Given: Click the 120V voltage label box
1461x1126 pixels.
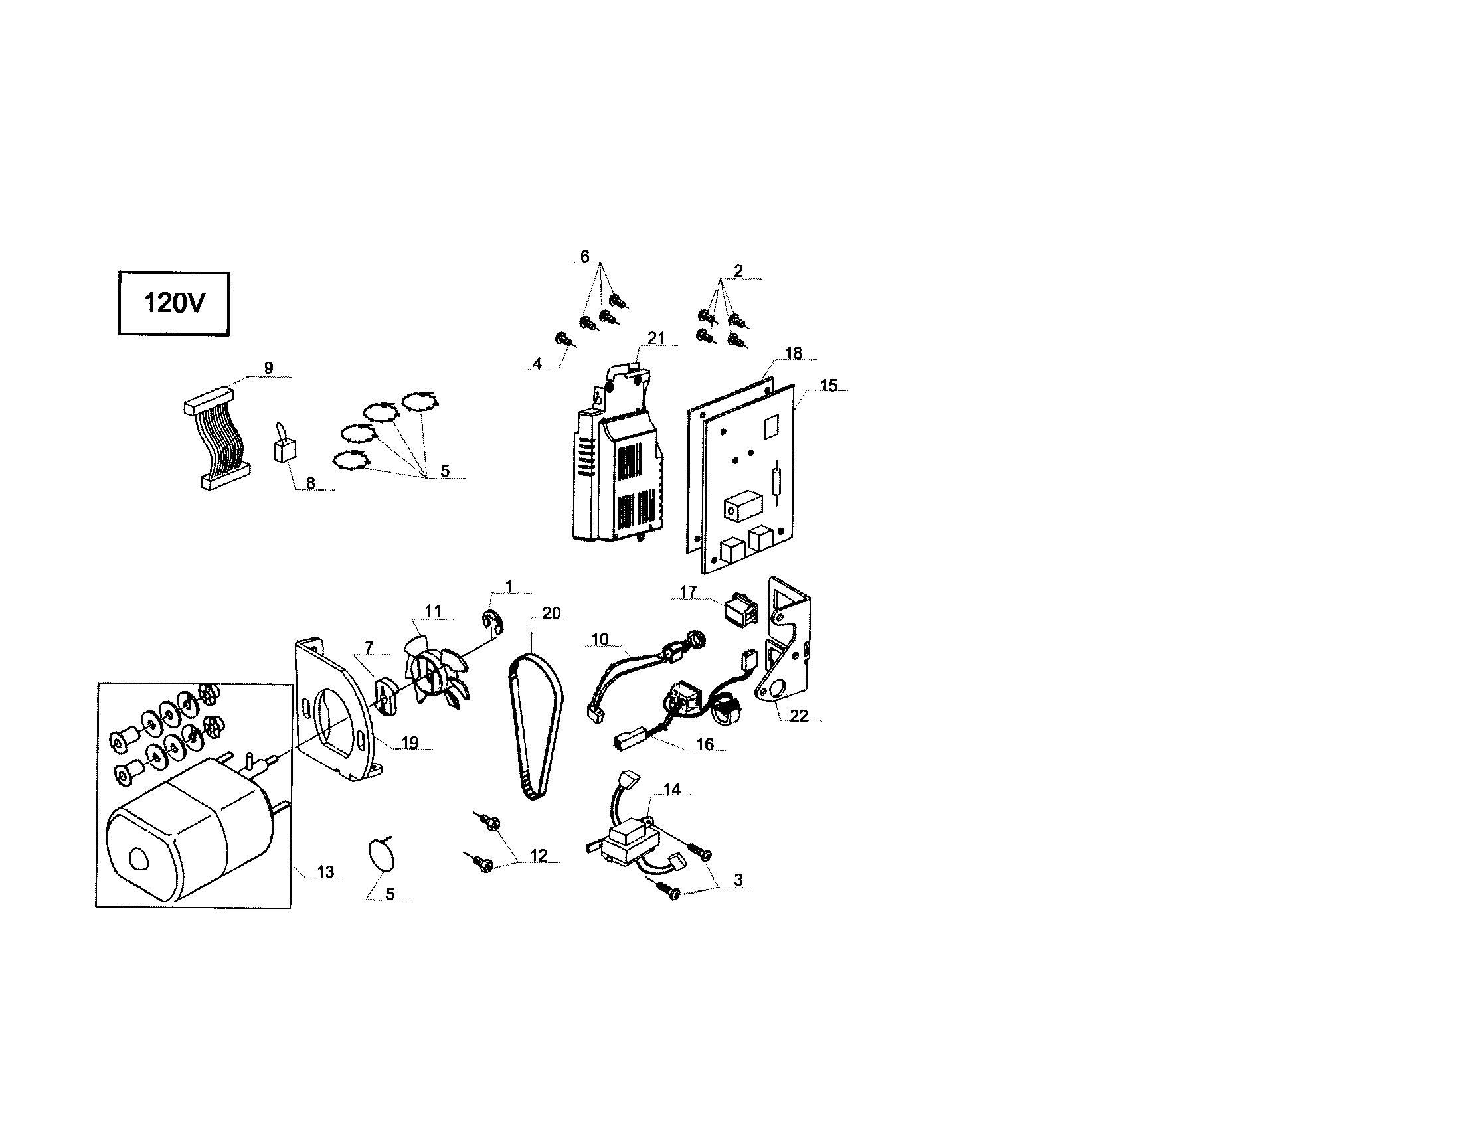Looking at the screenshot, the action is (174, 303).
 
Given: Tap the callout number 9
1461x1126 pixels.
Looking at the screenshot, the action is (268, 368).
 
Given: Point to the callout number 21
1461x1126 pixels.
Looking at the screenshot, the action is (656, 338).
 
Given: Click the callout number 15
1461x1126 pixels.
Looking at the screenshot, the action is (828, 386).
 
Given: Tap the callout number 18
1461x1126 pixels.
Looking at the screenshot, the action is (793, 353).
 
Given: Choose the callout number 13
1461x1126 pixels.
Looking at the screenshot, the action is (325, 872).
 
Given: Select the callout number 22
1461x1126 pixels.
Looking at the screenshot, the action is (799, 716).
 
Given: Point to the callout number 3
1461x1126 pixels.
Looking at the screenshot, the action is (738, 880).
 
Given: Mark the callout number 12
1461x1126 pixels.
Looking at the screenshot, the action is (539, 856).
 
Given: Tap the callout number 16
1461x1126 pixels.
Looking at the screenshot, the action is (705, 744).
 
